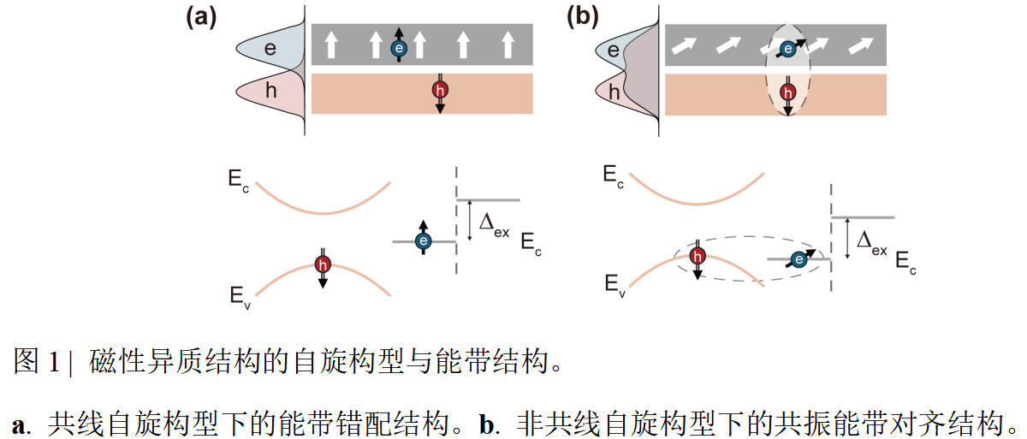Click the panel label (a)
point(201,18)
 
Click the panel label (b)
point(582,18)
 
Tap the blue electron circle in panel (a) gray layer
point(399,48)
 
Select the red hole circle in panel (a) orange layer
point(440,90)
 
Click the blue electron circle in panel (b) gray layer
point(788,49)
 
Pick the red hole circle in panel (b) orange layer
point(788,92)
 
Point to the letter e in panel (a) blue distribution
point(270,49)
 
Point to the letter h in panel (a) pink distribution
point(271,89)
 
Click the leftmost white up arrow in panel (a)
point(331,44)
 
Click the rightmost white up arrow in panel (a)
point(508,44)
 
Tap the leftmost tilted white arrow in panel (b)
point(684,46)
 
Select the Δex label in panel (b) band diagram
point(871,243)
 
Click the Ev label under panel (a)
point(240,298)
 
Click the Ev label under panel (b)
point(614,286)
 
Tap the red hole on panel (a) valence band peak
point(323,264)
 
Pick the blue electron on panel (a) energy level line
point(423,241)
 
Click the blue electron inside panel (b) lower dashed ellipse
point(799,260)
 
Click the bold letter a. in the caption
point(21,424)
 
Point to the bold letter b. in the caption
point(490,424)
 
